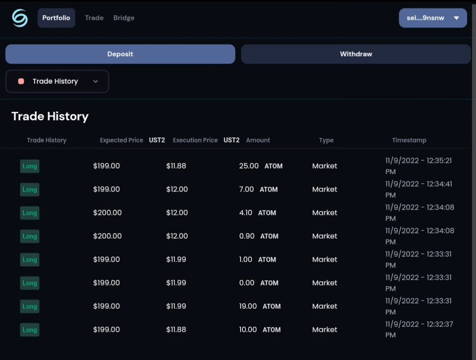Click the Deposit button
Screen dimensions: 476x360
pyautogui.click(x=120, y=54)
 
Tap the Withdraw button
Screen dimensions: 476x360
pyautogui.click(x=356, y=54)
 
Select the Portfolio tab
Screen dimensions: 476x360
pyautogui.click(x=56, y=18)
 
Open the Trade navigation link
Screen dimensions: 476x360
pyautogui.click(x=94, y=18)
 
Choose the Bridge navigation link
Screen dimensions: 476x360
pyautogui.click(x=124, y=18)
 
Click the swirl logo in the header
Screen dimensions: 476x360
pyautogui.click(x=20, y=18)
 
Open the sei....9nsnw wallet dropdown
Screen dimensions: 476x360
pyautogui.click(x=433, y=18)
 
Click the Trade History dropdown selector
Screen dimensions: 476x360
pyautogui.click(x=57, y=82)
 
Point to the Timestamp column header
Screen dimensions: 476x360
pyautogui.click(x=409, y=140)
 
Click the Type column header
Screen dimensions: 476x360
pyautogui.click(x=326, y=140)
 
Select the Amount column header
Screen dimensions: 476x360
pyautogui.click(x=258, y=140)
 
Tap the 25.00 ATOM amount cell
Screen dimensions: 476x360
pyautogui.click(x=261, y=166)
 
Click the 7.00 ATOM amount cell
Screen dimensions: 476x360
pyautogui.click(x=258, y=189)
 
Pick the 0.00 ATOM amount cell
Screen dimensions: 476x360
pyautogui.click(x=259, y=283)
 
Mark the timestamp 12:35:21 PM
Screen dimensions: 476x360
pyautogui.click(x=419, y=166)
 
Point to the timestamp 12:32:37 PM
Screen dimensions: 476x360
pyautogui.click(x=419, y=329)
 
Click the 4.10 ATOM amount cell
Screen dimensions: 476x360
pyautogui.click(x=257, y=213)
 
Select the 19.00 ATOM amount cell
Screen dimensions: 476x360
pyautogui.click(x=260, y=306)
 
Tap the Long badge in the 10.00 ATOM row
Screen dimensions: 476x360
pyautogui.click(x=30, y=330)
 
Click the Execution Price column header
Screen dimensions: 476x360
pyautogui.click(x=195, y=140)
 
